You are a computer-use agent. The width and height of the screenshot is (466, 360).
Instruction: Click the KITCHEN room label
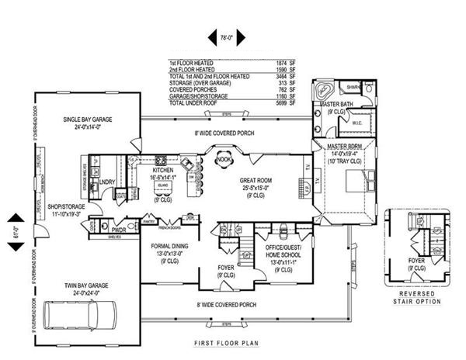pyautogui.click(x=163, y=170)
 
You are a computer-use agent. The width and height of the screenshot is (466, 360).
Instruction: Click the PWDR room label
pyautogui.click(x=119, y=230)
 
